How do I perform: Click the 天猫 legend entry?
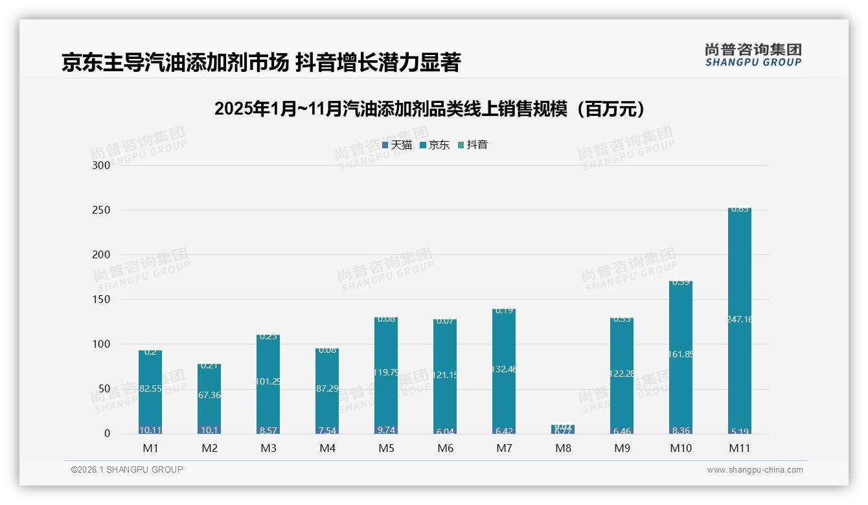(x=397, y=145)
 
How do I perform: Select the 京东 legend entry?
(x=435, y=145)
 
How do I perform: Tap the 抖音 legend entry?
(x=473, y=145)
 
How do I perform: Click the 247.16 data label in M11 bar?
(x=739, y=319)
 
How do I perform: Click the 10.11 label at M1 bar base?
(x=150, y=430)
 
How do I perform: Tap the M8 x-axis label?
(x=563, y=448)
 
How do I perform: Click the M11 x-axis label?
(x=739, y=448)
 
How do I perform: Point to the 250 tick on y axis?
(x=102, y=210)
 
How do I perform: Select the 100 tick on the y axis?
(x=102, y=344)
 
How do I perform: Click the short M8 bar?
(x=563, y=429)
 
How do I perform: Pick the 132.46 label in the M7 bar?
(x=504, y=369)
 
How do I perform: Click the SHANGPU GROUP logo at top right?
(x=753, y=55)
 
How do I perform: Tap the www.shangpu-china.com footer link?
(x=755, y=470)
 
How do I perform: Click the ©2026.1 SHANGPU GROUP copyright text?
(x=127, y=469)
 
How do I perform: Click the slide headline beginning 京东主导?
(x=261, y=63)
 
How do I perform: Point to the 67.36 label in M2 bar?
(x=209, y=395)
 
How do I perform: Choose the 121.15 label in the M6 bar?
(x=445, y=376)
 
